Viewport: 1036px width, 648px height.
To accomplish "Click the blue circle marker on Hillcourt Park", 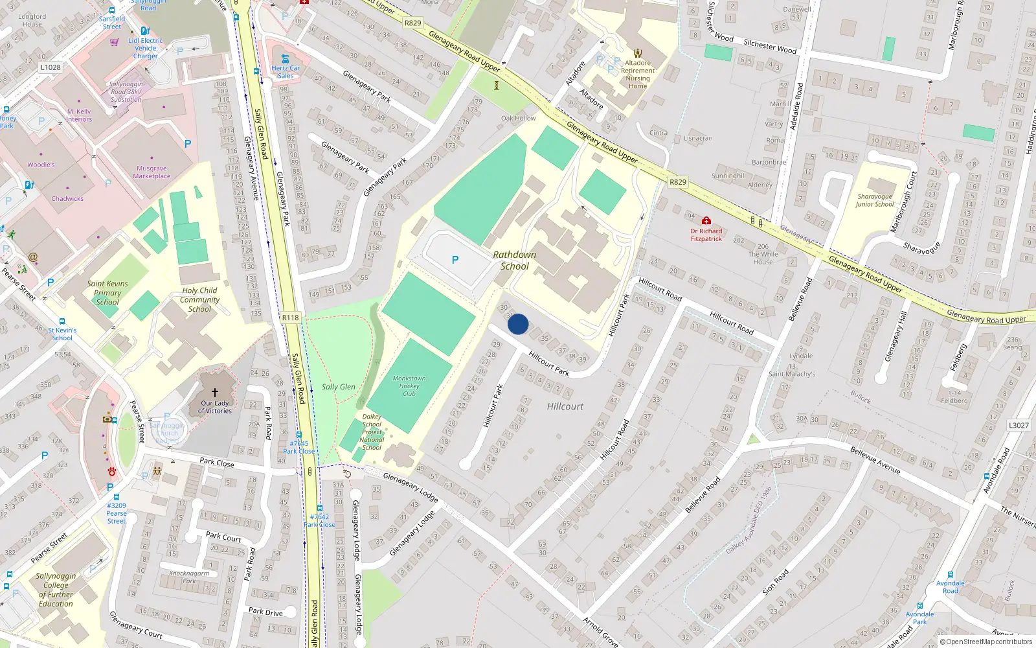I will pyautogui.click(x=518, y=324).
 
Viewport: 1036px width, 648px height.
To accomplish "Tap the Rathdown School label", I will pyautogui.click(x=515, y=260).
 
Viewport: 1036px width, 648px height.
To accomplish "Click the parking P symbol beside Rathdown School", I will pyautogui.click(x=455, y=260).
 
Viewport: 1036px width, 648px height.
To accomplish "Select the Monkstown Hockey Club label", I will pyautogui.click(x=409, y=386).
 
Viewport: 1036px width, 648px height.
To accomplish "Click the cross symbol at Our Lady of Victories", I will pyautogui.click(x=215, y=392).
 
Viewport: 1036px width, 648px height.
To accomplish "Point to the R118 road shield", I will pyautogui.click(x=291, y=318).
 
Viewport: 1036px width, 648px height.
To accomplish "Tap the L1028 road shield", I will pyautogui.click(x=51, y=67).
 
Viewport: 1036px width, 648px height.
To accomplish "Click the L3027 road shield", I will pyautogui.click(x=1019, y=425).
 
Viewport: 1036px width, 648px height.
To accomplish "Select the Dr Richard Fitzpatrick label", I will pyautogui.click(x=706, y=235).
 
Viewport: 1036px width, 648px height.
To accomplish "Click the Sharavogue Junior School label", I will pyautogui.click(x=875, y=200).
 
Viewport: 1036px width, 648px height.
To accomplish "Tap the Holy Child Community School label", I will pyautogui.click(x=199, y=299).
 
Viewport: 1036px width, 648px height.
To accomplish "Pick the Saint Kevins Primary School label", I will pyautogui.click(x=107, y=293).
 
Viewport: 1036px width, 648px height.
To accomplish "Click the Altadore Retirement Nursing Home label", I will pyautogui.click(x=638, y=75).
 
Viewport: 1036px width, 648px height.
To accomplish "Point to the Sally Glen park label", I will pyautogui.click(x=339, y=387).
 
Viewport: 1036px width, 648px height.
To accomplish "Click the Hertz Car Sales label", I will pyautogui.click(x=286, y=72).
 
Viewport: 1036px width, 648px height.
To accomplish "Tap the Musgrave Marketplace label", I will pyautogui.click(x=152, y=172).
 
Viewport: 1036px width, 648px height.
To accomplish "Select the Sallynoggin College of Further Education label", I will pyautogui.click(x=56, y=590).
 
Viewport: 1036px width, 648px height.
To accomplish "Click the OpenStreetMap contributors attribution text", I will pyautogui.click(x=986, y=642).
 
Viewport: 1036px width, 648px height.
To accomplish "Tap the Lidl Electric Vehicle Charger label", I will pyautogui.click(x=146, y=48).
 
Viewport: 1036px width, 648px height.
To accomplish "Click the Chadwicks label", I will pyautogui.click(x=67, y=199).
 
